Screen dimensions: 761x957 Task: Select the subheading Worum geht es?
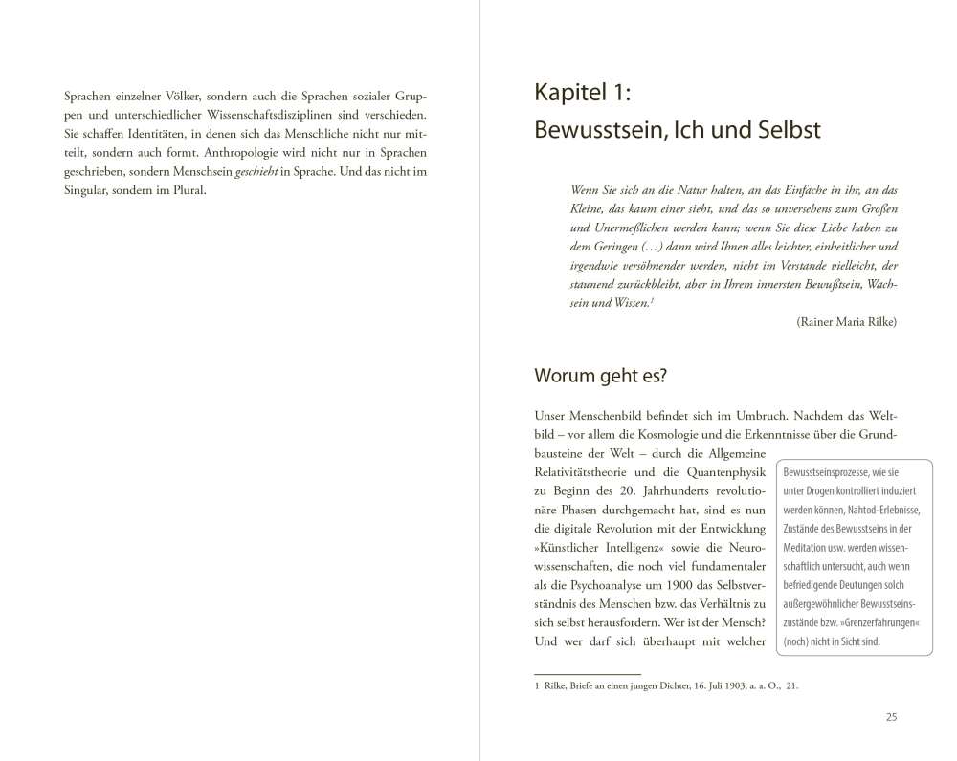599,376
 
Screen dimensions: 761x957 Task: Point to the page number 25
891,717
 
